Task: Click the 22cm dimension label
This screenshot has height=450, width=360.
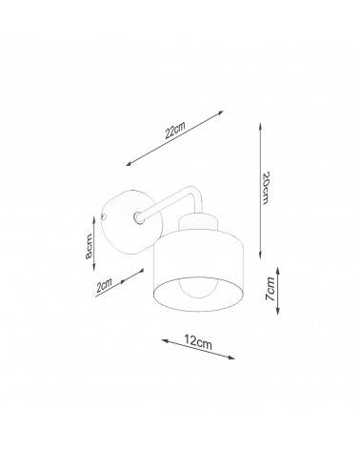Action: click(x=175, y=130)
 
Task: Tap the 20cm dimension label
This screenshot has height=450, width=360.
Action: click(x=266, y=188)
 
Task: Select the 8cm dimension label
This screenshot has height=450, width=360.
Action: click(x=89, y=246)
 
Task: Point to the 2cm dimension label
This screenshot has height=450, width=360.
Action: click(x=105, y=285)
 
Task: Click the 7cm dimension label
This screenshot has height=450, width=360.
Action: click(x=270, y=289)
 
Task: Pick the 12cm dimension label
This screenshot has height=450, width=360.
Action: click(x=198, y=342)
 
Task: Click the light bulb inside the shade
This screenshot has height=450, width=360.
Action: click(x=199, y=287)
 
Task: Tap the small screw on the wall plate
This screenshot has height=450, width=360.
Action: click(x=103, y=217)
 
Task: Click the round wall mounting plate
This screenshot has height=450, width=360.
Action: click(x=130, y=222)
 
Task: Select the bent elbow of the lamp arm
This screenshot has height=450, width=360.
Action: click(x=192, y=193)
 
